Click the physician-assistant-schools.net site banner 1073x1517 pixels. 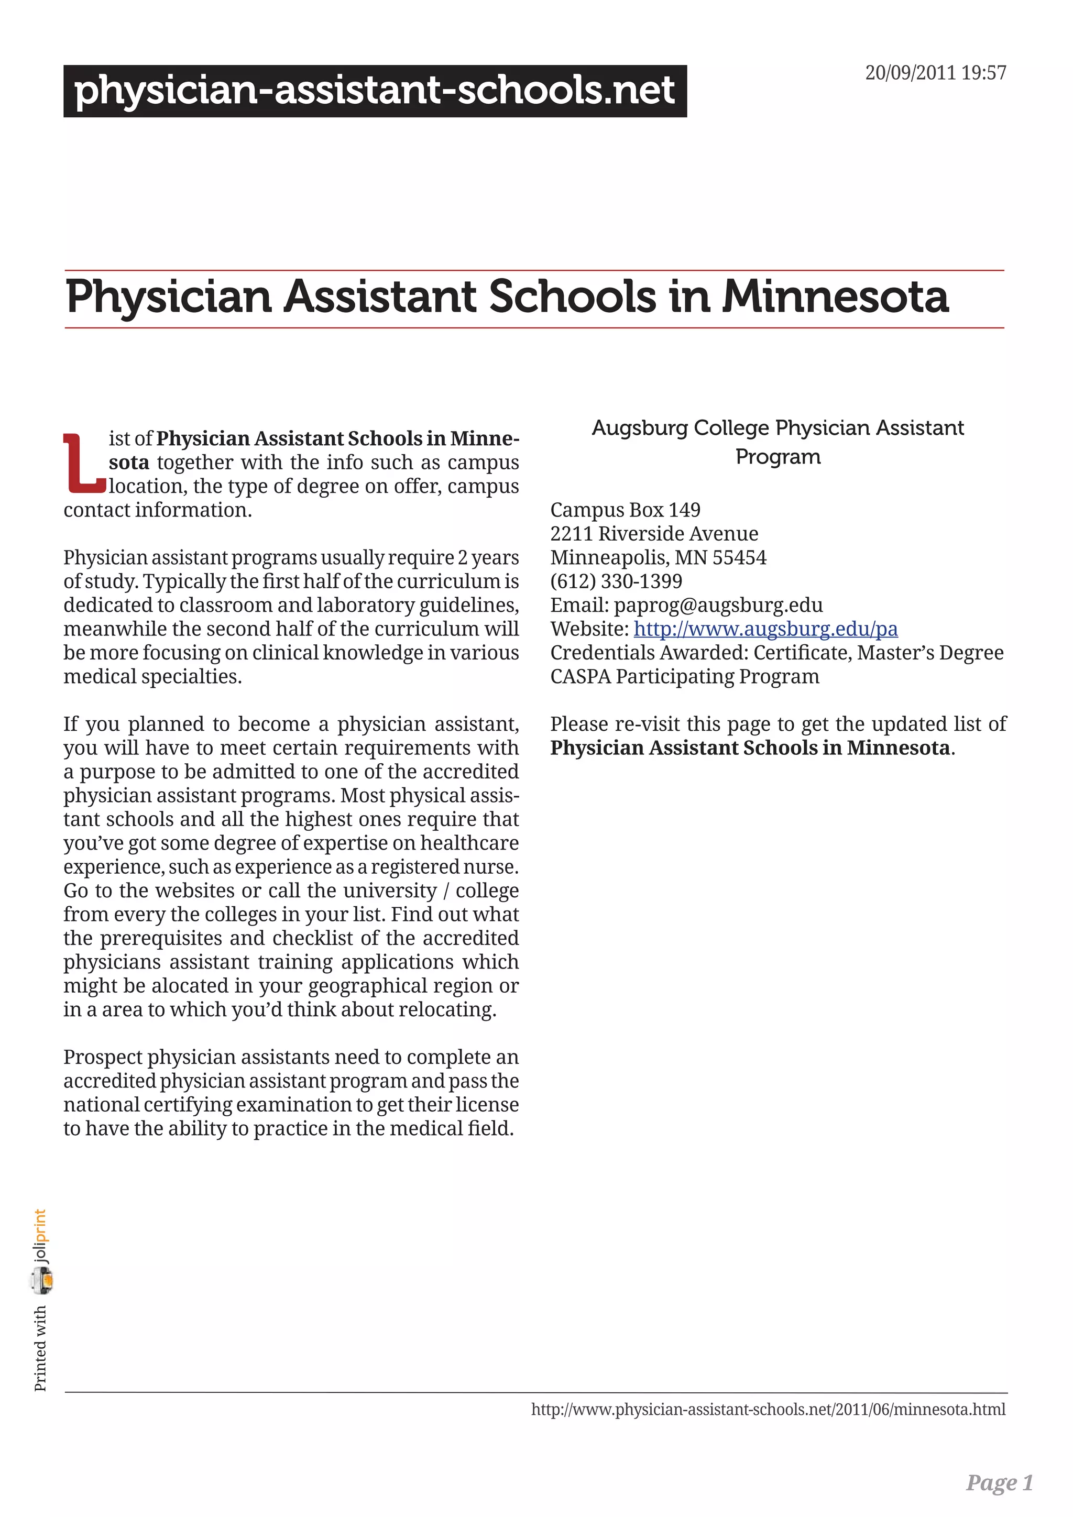(x=375, y=91)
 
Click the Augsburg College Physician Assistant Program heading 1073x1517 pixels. (x=778, y=442)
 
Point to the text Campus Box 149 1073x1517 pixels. (x=625, y=510)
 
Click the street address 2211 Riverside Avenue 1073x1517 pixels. (x=654, y=534)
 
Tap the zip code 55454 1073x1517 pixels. (x=739, y=558)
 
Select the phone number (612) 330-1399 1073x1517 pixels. (x=616, y=581)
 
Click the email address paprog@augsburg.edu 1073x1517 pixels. (x=718, y=605)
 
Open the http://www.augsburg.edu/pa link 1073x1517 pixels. (x=765, y=629)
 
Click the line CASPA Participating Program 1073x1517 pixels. (x=684, y=677)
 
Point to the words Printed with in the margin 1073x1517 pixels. (x=40, y=1348)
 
